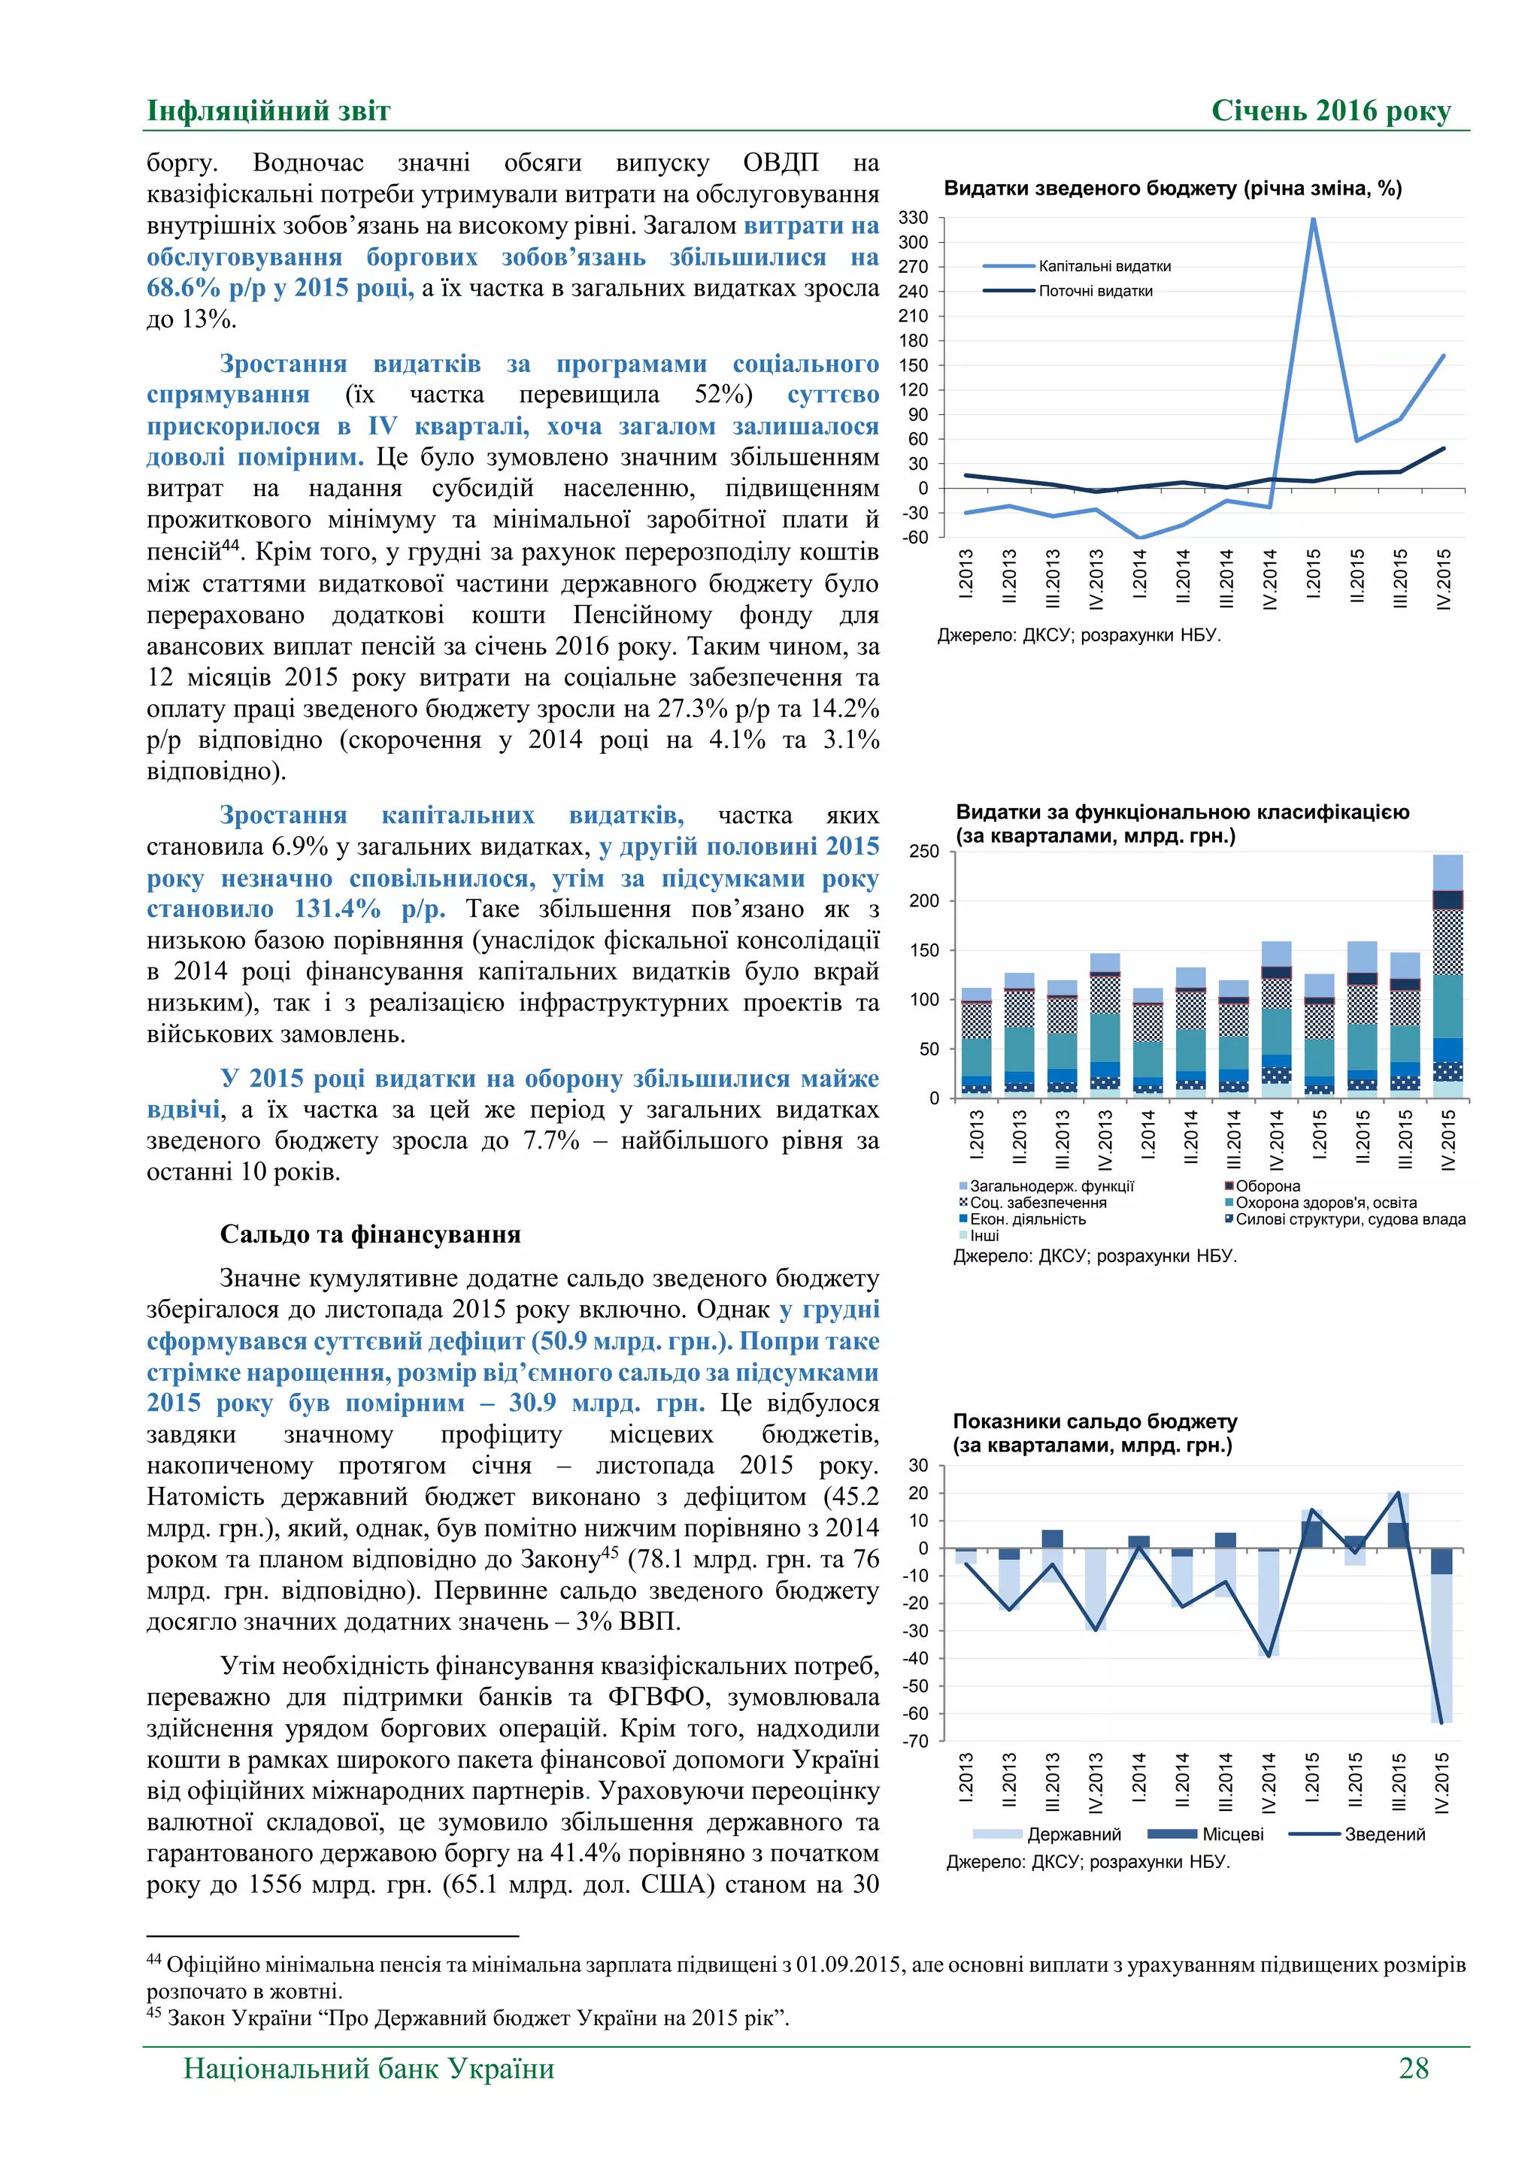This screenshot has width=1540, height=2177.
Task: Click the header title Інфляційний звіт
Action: (x=268, y=111)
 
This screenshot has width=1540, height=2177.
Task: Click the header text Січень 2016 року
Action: (x=1330, y=111)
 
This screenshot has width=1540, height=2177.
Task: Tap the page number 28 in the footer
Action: (x=1413, y=2068)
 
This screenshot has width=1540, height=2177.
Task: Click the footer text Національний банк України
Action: (x=369, y=2068)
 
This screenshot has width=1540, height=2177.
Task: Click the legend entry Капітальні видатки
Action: (x=1104, y=266)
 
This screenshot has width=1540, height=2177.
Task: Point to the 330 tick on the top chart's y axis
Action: (x=913, y=218)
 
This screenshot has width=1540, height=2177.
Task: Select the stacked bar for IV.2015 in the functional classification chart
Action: (x=1447, y=976)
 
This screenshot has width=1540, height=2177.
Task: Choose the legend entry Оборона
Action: (x=1267, y=1186)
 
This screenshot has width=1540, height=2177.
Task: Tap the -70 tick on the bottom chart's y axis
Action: (x=916, y=1742)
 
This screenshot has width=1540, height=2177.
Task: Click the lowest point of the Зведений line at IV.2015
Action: (x=1441, y=1723)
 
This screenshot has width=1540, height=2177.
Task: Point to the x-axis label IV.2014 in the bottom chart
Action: (x=1269, y=1782)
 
